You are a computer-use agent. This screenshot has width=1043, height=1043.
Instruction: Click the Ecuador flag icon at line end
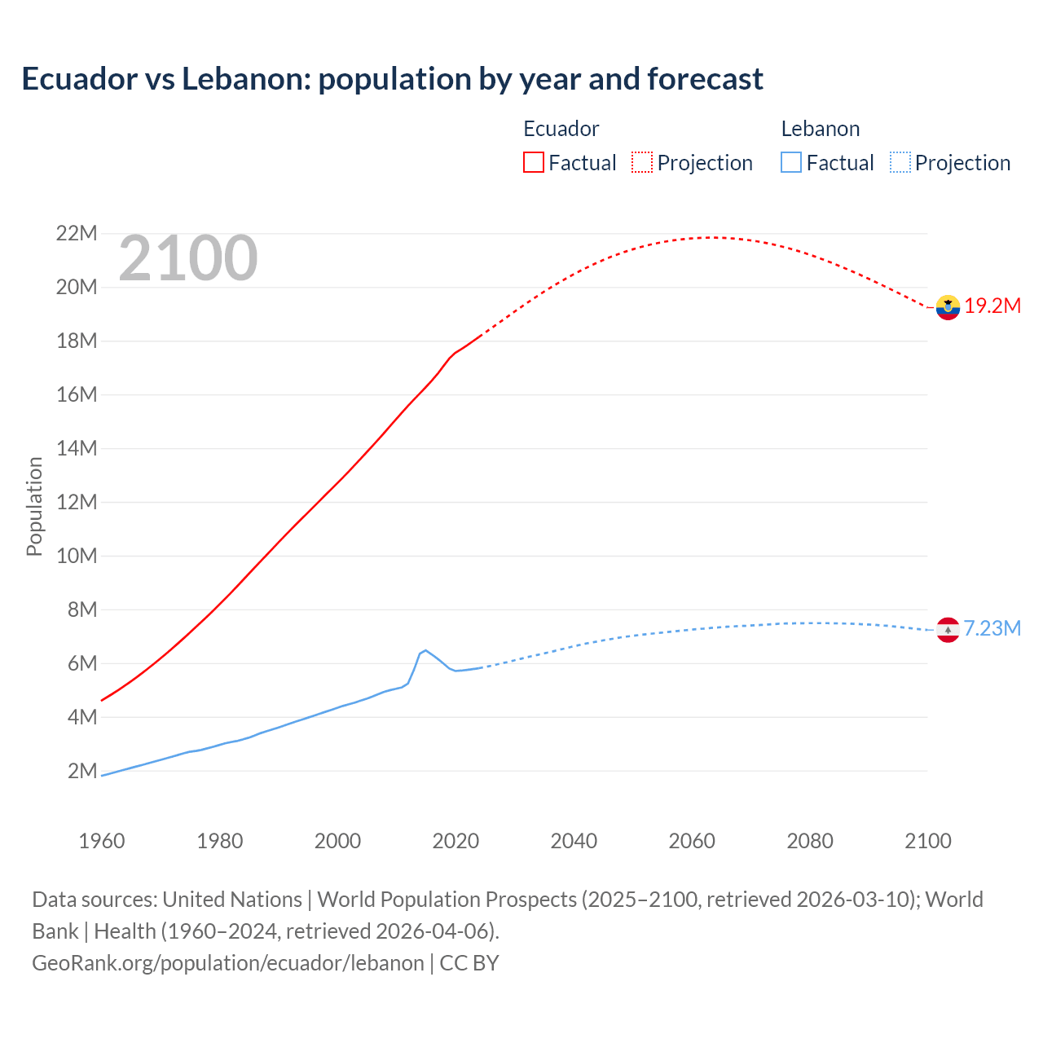948,307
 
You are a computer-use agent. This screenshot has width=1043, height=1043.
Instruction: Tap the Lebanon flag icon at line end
948,630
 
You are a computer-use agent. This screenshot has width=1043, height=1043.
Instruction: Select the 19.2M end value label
992,306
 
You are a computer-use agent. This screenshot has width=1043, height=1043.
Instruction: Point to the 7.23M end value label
992,629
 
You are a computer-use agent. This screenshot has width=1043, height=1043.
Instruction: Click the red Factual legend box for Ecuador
533,163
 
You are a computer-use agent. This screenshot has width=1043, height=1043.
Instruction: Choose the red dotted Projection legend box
642,163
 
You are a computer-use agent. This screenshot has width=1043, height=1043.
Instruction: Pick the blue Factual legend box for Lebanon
791,163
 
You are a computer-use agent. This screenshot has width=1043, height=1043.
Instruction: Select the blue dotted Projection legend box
900,163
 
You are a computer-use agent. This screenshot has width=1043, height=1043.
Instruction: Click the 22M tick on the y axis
77,234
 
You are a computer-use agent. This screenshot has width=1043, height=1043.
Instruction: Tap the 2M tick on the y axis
81,771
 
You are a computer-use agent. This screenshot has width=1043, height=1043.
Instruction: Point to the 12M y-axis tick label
77,502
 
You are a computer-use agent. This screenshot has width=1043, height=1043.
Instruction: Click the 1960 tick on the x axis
102,841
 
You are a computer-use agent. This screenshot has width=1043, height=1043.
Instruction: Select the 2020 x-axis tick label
455,841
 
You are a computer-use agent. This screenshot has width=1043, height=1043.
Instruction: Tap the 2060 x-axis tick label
692,841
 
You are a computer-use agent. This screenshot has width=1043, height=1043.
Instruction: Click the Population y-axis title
34,506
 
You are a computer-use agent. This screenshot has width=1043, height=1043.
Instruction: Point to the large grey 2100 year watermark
188,259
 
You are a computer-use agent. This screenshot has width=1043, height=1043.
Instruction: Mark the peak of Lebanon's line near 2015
425,650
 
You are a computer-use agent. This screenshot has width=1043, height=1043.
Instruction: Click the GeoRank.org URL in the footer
228,963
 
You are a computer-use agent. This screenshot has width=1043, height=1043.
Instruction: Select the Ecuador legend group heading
561,129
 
